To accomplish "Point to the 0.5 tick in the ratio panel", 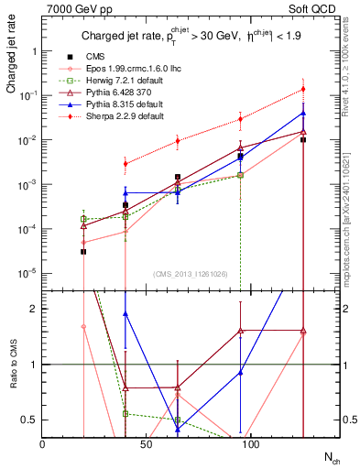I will point(28,420).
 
